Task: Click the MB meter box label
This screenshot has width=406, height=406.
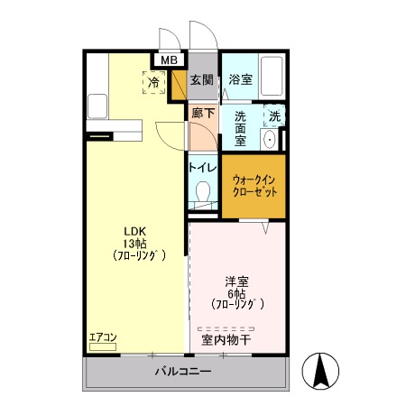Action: pyautogui.click(x=169, y=60)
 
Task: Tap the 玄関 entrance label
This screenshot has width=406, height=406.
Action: pyautogui.click(x=201, y=79)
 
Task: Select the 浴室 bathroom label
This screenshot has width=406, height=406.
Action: pyautogui.click(x=240, y=79)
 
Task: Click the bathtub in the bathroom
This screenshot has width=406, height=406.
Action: pyautogui.click(x=272, y=78)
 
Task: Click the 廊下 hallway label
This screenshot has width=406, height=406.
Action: pyautogui.click(x=203, y=114)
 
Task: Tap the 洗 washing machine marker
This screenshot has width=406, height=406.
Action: pyautogui.click(x=274, y=115)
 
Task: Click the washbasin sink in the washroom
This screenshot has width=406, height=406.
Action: pyautogui.click(x=269, y=141)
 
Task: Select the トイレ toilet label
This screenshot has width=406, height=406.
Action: pyautogui.click(x=202, y=167)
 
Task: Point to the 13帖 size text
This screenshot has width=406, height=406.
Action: pyautogui.click(x=134, y=244)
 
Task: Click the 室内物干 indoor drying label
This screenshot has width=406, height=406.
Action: pyautogui.click(x=226, y=340)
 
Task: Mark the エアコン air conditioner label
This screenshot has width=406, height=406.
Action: pyautogui.click(x=103, y=338)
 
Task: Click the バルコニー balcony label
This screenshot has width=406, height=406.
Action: pyautogui.click(x=182, y=372)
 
